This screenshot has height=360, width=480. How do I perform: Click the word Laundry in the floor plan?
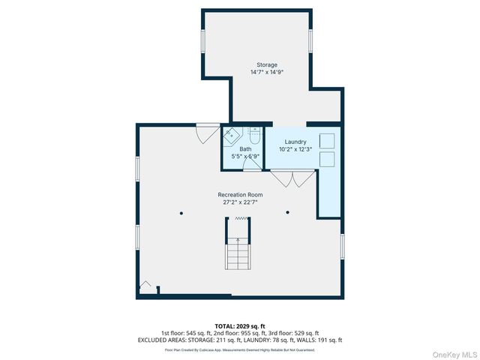(295, 141)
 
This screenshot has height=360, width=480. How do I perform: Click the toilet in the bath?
(253, 136)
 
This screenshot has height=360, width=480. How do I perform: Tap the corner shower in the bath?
(229, 136)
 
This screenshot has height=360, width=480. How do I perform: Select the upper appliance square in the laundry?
(327, 140)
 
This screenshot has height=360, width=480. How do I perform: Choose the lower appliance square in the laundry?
(327, 158)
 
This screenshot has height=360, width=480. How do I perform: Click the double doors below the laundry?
(292, 179)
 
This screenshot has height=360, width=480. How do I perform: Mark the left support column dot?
(181, 213)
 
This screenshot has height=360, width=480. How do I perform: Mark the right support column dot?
(287, 213)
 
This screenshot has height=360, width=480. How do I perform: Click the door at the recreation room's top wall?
(204, 133)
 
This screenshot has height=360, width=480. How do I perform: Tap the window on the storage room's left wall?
(202, 41)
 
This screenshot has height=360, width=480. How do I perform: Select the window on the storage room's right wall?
(310, 41)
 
